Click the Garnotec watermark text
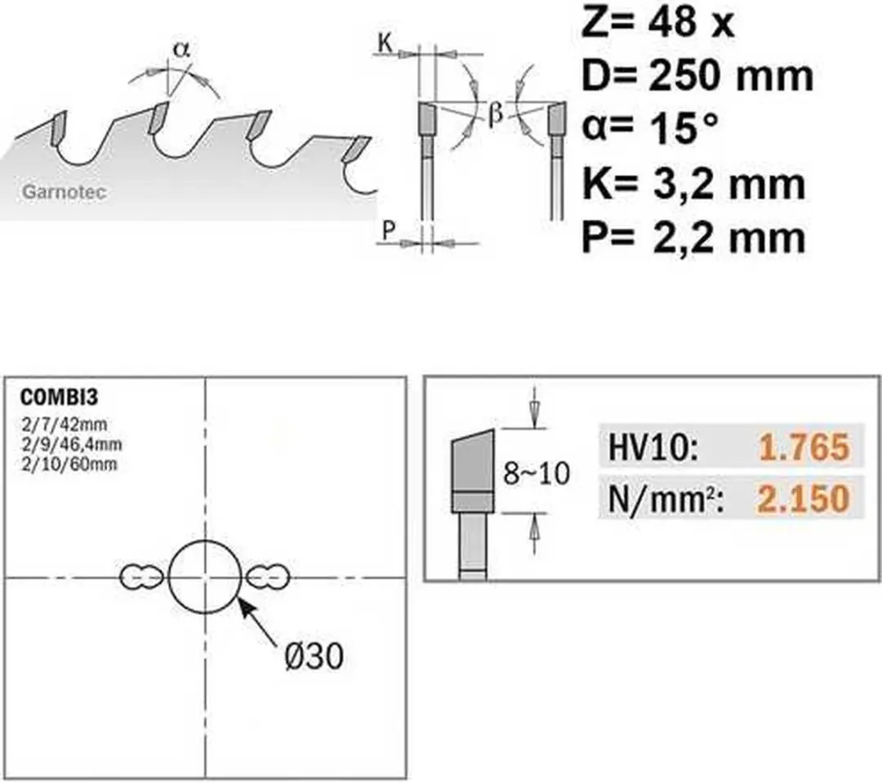coord(65,192)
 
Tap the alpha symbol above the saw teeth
coord(181,50)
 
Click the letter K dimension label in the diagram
coord(385,42)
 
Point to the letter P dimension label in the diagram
coord(389,230)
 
